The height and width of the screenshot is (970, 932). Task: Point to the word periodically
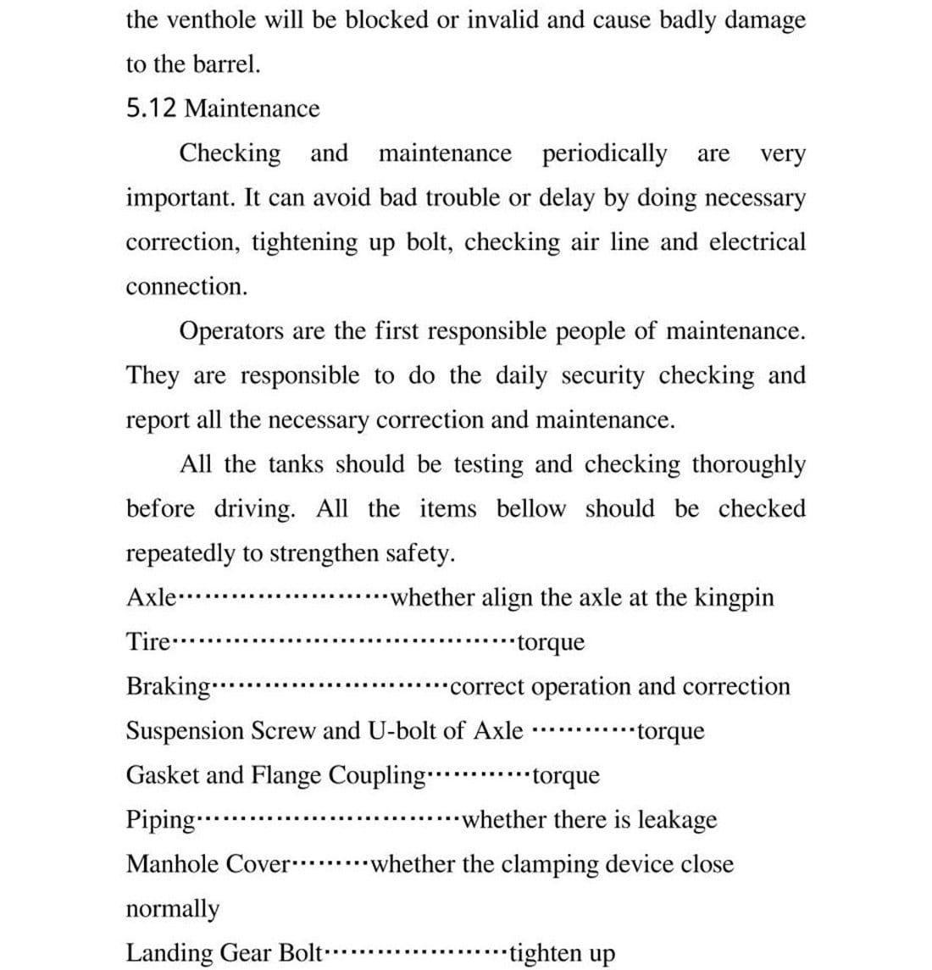pyautogui.click(x=604, y=153)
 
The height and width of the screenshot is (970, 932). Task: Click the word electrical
pyautogui.click(x=757, y=242)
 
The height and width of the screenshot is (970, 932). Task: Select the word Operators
pyautogui.click(x=230, y=331)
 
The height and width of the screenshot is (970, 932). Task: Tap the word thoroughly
pyautogui.click(x=748, y=464)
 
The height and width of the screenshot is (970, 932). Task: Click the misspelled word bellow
pyautogui.click(x=530, y=509)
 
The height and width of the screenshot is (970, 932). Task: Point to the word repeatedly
pyautogui.click(x=180, y=554)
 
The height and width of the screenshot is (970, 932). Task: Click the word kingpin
pyautogui.click(x=734, y=598)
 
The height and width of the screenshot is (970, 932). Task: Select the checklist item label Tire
pyautogui.click(x=148, y=642)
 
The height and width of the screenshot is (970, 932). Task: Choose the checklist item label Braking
pyautogui.click(x=168, y=687)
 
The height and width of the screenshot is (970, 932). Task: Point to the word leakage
pyautogui.click(x=677, y=820)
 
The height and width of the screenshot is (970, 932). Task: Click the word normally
pyautogui.click(x=172, y=909)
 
